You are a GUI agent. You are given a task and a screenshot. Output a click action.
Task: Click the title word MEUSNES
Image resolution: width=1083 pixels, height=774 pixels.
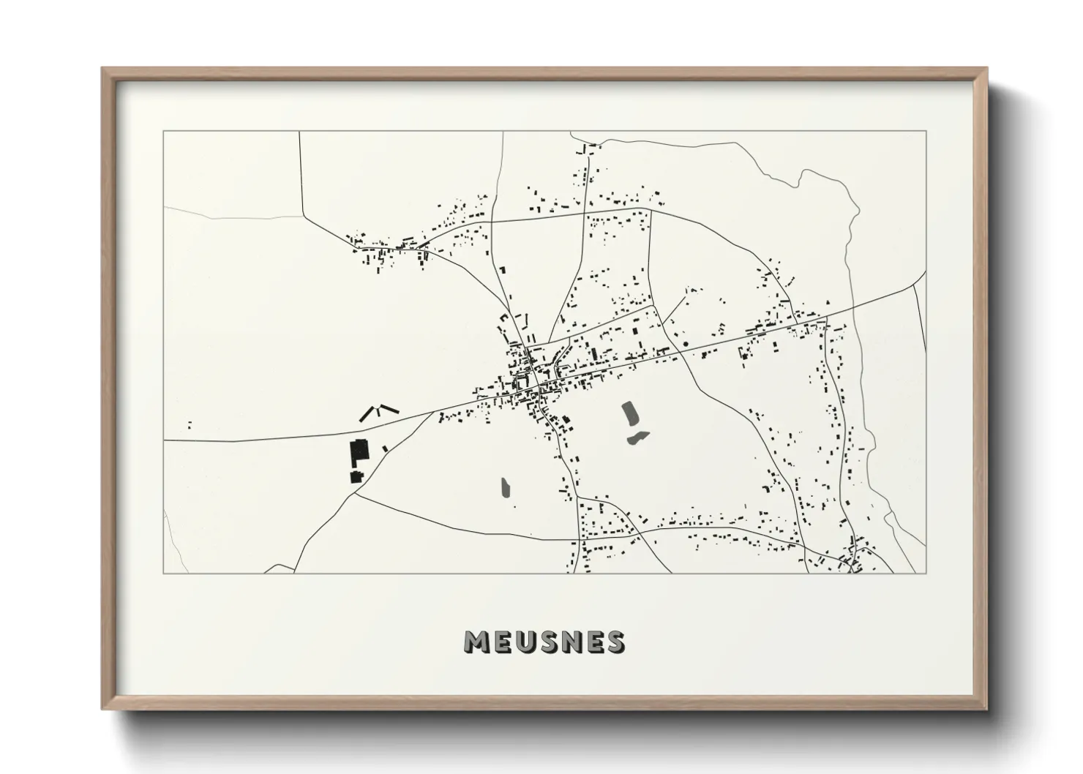click(544, 642)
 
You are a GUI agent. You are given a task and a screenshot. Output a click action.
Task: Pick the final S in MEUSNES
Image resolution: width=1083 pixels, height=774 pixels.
click(615, 642)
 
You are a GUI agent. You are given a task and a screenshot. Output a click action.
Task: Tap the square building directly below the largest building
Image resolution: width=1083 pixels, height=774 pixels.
click(356, 477)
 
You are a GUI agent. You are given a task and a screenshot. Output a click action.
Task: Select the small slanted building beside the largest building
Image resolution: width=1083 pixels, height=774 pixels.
click(385, 448)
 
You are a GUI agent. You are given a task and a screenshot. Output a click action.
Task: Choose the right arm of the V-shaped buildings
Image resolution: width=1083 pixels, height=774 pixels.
click(388, 409)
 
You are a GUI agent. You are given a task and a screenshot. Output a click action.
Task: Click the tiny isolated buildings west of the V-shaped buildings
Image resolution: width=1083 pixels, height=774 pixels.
click(190, 424)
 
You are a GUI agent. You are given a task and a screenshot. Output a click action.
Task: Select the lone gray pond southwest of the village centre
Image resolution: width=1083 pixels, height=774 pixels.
click(505, 488)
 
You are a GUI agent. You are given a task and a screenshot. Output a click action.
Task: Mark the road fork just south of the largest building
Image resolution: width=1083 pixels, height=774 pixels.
click(356, 493)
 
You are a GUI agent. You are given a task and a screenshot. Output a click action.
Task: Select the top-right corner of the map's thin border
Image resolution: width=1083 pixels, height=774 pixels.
click(926, 132)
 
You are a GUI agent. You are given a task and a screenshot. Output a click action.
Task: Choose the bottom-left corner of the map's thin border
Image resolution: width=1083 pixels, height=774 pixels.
click(164, 573)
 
